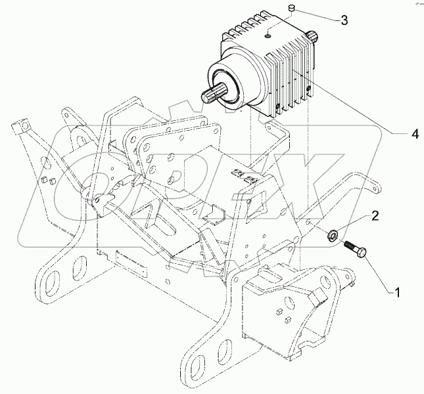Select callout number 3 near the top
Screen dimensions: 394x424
click(x=343, y=20)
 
